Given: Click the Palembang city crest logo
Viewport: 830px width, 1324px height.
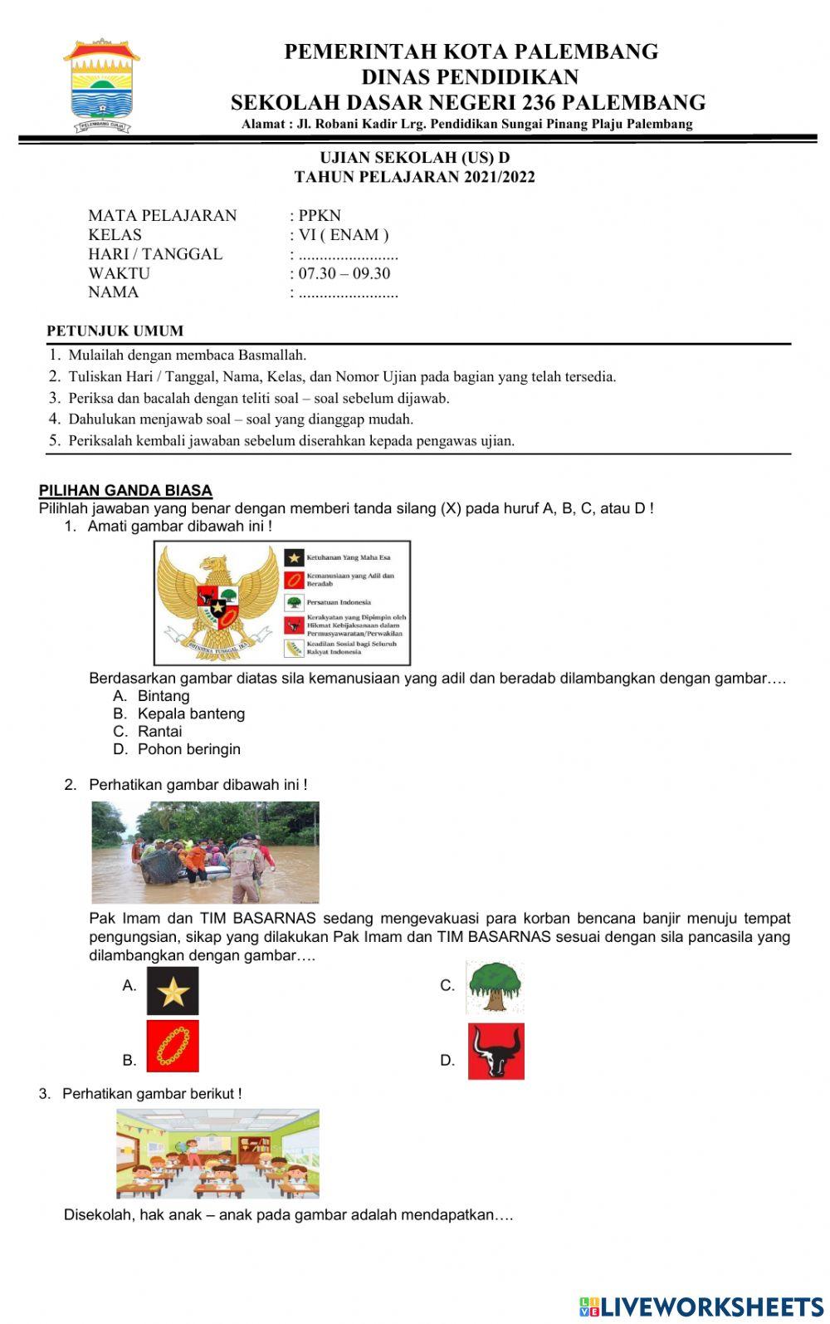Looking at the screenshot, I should (x=101, y=86).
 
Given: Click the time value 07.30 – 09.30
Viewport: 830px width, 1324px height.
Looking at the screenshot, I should (x=344, y=273).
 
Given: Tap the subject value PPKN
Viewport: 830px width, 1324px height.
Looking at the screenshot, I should (x=320, y=215).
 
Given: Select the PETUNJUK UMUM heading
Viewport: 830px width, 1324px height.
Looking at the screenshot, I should (x=115, y=331).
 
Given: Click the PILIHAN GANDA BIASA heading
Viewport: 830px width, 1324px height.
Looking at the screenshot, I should (x=126, y=490).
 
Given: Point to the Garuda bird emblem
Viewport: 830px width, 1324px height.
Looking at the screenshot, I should (x=217, y=602).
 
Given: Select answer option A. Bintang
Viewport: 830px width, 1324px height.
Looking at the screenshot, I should (x=152, y=696).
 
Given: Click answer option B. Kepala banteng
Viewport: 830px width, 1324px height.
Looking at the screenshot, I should (x=179, y=713).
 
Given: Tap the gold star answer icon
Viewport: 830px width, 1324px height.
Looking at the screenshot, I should (x=173, y=991).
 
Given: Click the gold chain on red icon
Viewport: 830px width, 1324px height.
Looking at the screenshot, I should (x=173, y=1046).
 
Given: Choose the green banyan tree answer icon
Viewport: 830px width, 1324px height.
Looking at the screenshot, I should (x=495, y=987).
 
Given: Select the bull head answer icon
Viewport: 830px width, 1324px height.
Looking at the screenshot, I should (x=496, y=1052).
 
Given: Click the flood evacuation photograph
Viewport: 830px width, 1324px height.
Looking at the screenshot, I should (x=205, y=852).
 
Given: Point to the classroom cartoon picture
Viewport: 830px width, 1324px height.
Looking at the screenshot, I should (x=217, y=1153).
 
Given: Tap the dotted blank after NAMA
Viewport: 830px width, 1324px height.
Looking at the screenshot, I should (x=349, y=292).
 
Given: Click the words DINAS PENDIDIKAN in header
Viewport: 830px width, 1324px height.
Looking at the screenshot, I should (x=470, y=77).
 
